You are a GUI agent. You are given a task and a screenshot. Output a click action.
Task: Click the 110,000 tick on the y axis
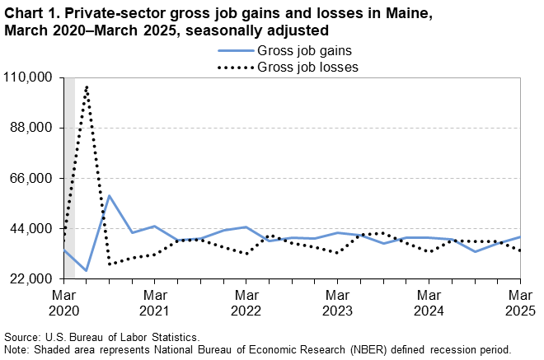tap(30, 77)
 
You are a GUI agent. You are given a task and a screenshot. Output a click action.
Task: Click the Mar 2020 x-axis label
tap(63, 302)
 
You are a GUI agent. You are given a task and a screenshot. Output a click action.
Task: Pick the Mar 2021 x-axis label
tap(154, 302)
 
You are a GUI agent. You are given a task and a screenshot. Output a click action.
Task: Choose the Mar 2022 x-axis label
tap(246, 302)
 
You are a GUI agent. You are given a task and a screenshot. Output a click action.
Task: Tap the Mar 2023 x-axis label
tap(336, 302)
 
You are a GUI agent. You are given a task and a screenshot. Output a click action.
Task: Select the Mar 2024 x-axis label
tap(428, 302)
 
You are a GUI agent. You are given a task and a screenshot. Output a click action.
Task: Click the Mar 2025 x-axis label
tap(518, 302)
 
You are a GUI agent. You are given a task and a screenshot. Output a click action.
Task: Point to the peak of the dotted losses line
tap(87, 86)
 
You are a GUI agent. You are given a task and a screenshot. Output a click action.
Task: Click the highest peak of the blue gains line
tap(109, 196)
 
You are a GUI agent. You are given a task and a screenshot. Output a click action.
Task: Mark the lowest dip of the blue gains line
tap(87, 270)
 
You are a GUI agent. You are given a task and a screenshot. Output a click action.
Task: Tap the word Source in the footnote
tap(23, 337)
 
